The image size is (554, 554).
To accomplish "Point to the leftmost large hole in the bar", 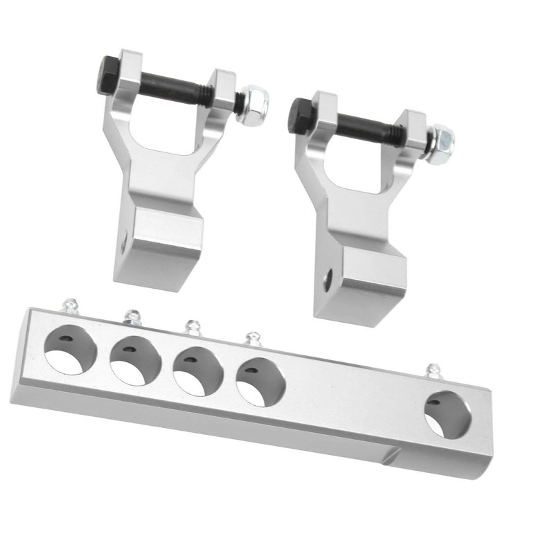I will [x=70, y=350].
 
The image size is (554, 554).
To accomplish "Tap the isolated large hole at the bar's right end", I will [x=449, y=414].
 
